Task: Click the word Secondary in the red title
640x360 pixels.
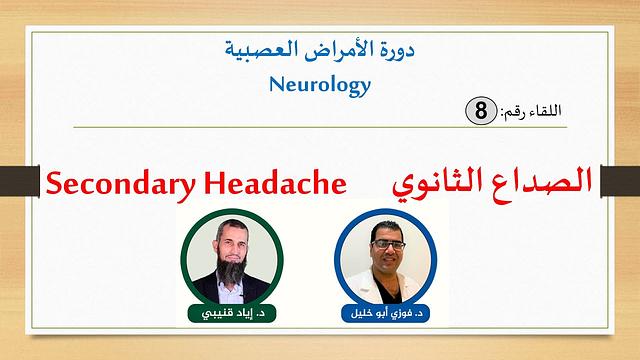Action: coord(114,183)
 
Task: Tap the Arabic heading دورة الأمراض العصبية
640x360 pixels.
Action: coord(320,46)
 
